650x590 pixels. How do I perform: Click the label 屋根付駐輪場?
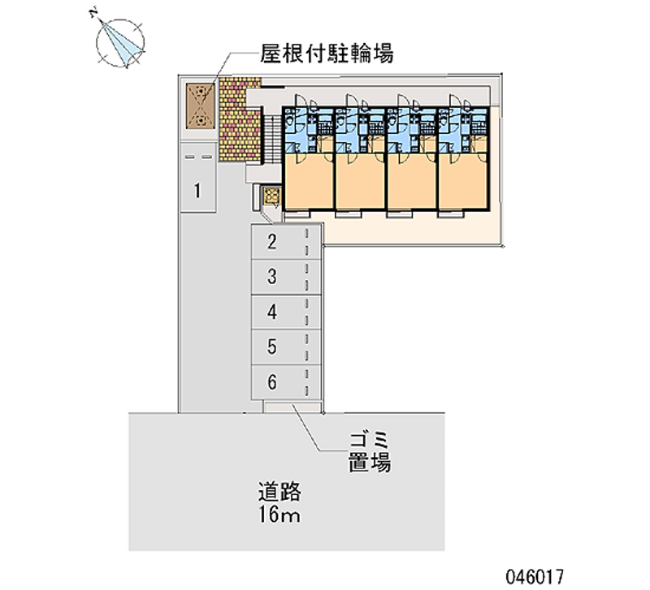tap(327, 54)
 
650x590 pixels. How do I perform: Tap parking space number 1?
tap(197, 192)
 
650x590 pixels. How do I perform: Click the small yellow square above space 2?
tap(271, 196)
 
